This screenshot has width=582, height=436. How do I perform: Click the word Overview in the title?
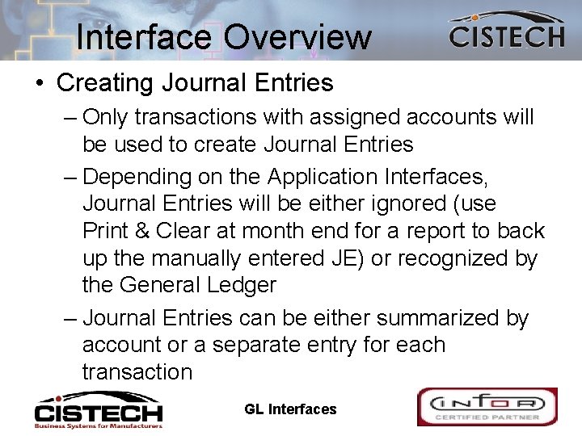pyautogui.click(x=298, y=37)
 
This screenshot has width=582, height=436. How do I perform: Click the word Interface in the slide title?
pyautogui.click(x=145, y=37)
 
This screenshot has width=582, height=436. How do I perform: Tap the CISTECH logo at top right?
pyautogui.click(x=507, y=31)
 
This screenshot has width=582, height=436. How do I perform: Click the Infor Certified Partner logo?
pyautogui.click(x=487, y=407)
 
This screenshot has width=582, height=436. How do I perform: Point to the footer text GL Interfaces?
pyautogui.click(x=290, y=409)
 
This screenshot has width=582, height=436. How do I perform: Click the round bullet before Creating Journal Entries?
pyautogui.click(x=40, y=83)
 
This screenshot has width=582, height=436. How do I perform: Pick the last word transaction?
pyautogui.click(x=137, y=372)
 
